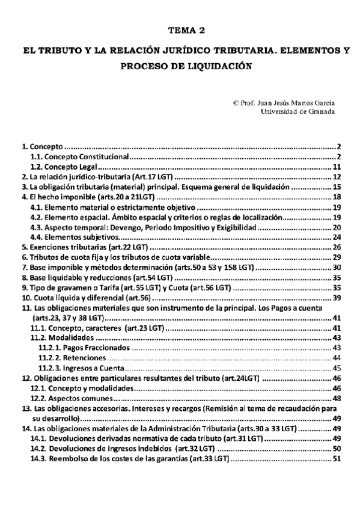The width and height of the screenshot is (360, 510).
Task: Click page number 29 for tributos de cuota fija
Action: [x=337, y=257]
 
